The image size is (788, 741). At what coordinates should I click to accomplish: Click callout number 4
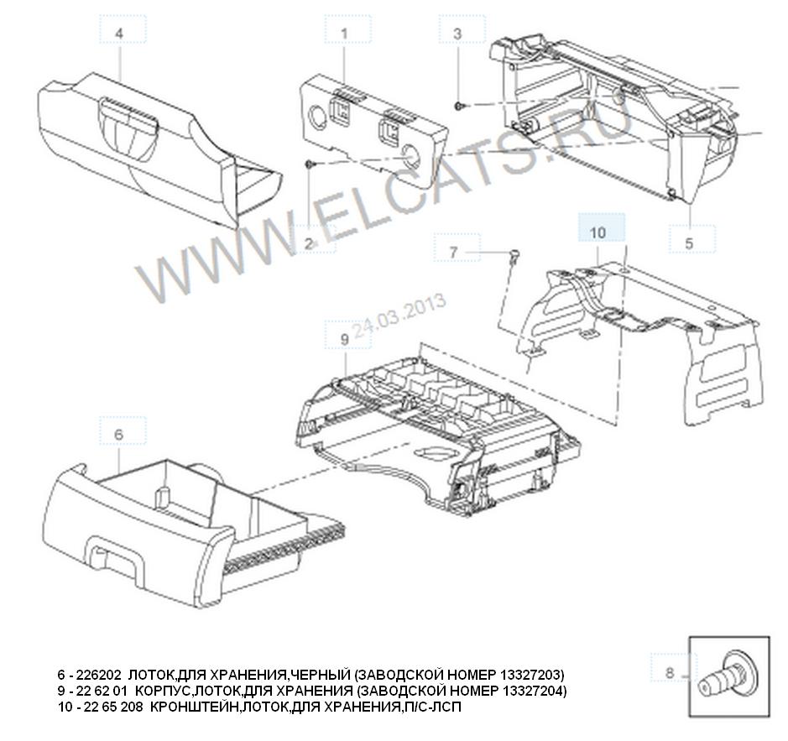pos(119,34)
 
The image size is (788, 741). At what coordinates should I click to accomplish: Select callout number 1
pos(344,34)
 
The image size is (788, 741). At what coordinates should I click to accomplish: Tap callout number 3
pos(457,34)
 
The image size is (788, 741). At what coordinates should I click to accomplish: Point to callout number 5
pos(689,243)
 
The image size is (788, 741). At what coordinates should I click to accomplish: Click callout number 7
pos(453,252)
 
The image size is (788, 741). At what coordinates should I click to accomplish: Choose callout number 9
pos(345,339)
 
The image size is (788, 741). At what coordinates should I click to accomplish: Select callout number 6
pos(118,434)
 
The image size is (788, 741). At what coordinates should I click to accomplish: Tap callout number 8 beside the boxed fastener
pos(670,672)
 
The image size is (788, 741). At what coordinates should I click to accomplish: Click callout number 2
pos(309,243)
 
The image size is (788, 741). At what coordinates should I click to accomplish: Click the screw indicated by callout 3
pos(459,106)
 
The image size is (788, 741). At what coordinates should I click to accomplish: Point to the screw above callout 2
pos(309,164)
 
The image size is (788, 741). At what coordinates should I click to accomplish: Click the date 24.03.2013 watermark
pos(399,316)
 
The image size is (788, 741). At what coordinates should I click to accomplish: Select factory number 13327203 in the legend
pos(530,674)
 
